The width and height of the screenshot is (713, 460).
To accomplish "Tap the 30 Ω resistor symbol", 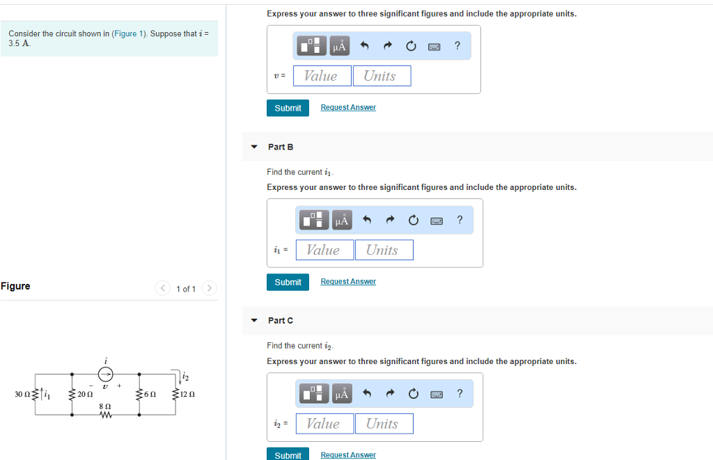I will [x=36, y=395].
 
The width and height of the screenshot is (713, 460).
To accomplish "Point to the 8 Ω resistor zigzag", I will [x=107, y=415].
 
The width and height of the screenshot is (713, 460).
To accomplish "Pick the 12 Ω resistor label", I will [x=187, y=395].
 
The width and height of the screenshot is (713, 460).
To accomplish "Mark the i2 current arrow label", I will [x=185, y=378].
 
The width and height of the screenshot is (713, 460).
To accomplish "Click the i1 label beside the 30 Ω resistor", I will [x=47, y=395].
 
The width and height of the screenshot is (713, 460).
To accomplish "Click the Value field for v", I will [x=322, y=76].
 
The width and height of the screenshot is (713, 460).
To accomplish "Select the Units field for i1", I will [x=384, y=250].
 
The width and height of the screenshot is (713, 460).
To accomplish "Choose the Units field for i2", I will [x=384, y=424].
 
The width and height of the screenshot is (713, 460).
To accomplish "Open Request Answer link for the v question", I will [x=348, y=107].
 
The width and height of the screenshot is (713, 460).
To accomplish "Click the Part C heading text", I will [x=281, y=320].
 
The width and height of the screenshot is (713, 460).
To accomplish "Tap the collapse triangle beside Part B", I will [x=254, y=147].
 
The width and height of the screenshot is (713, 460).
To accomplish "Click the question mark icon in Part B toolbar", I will [x=460, y=220].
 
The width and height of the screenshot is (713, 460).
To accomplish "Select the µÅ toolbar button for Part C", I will [x=341, y=394].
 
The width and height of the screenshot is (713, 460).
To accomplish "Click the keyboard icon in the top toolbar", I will [x=434, y=47].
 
